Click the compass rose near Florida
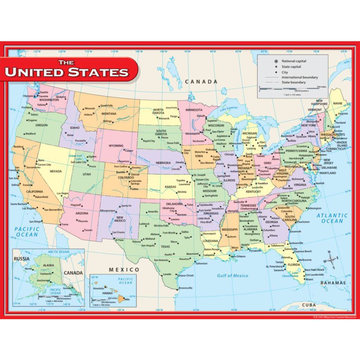pyautogui.click(x=332, y=260)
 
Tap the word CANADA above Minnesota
pyautogui.click(x=201, y=82)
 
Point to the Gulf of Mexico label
pyautogui.click(x=232, y=276)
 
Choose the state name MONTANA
pyautogui.click(x=109, y=114)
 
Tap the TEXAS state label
pyautogui.click(x=165, y=246)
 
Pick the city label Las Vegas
pyautogui.click(x=63, y=193)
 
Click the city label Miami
pyautogui.click(x=309, y=279)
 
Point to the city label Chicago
pyautogui.click(x=229, y=154)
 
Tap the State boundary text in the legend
pyautogui.click(x=294, y=82)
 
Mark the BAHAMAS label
pyautogui.click(x=333, y=283)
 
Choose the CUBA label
pyautogui.click(x=309, y=305)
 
